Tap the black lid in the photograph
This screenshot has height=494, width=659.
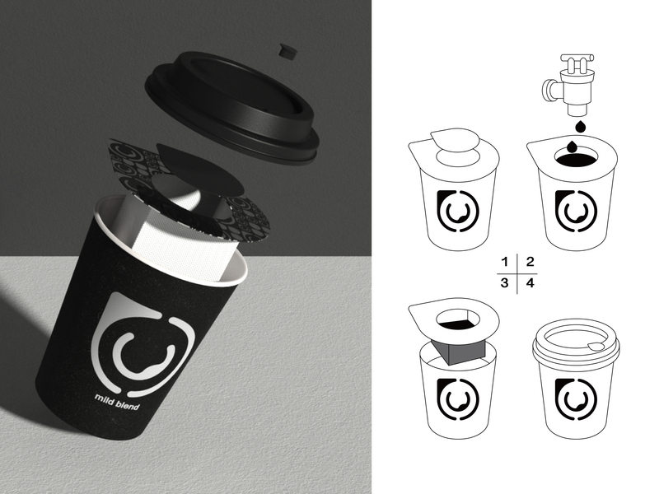[232, 105]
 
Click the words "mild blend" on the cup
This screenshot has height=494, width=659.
[117, 402]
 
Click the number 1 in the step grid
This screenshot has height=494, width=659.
[505, 262]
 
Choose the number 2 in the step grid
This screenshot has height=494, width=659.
[530, 262]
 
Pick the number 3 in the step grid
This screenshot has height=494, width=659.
[505, 282]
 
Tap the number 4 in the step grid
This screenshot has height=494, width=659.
[530, 282]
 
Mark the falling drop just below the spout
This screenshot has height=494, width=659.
[581, 127]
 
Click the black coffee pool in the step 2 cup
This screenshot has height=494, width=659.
[577, 160]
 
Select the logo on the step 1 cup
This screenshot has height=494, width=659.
[458, 212]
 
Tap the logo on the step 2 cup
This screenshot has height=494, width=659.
[576, 212]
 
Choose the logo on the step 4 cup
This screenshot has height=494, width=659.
[576, 399]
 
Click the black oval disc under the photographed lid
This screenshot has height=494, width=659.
[199, 169]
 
